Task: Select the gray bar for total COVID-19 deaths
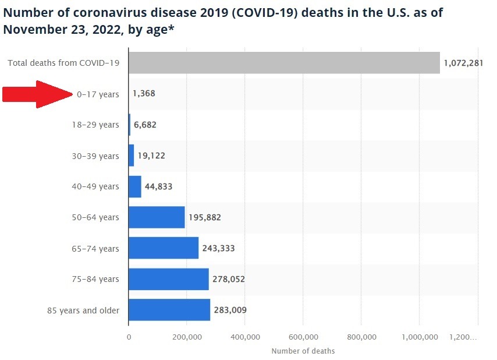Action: click(284, 63)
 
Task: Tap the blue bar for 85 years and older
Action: click(169, 310)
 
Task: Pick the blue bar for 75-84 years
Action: click(168, 279)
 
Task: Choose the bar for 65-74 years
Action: click(164, 248)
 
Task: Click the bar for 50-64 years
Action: click(157, 217)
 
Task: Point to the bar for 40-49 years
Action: click(135, 186)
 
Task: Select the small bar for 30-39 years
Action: click(132, 156)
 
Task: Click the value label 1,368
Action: click(144, 94)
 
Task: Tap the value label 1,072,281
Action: click(463, 63)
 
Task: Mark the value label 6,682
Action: click(145, 125)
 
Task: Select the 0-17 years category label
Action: click(97, 94)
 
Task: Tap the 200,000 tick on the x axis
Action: click(187, 337)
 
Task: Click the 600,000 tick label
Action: click(303, 337)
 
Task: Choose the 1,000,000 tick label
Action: click(420, 337)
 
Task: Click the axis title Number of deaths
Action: click(303, 351)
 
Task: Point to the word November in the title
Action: click(31, 29)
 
